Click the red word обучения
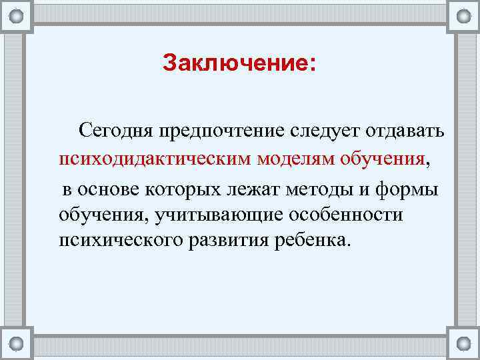pyautogui.click(x=382, y=159)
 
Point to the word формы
pyautogui.click(x=408, y=189)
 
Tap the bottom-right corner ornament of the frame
pyautogui.click(x=463, y=344)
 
